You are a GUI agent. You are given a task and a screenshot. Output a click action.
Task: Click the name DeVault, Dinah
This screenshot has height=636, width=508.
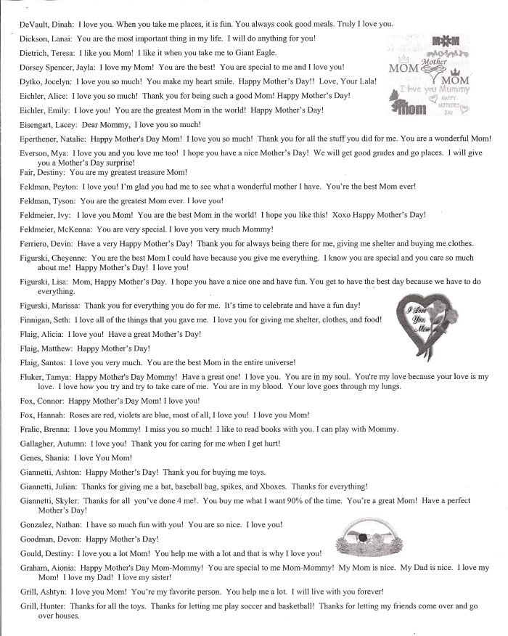click(x=43, y=24)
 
